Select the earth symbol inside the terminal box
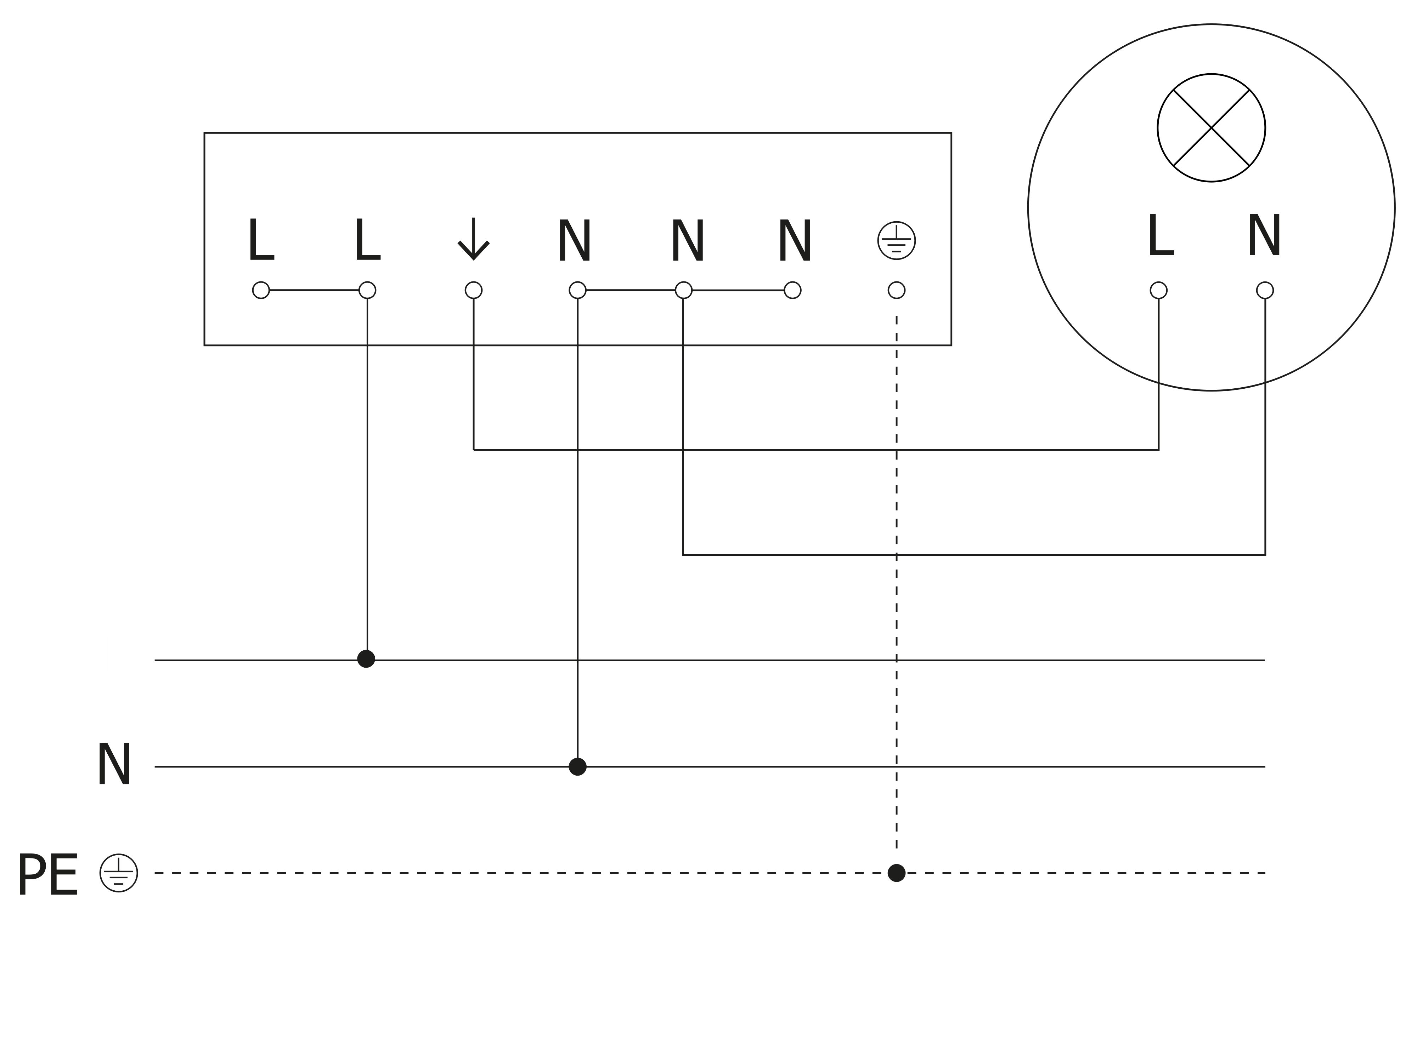[x=896, y=241]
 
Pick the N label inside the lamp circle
[x=1264, y=236]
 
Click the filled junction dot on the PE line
[x=896, y=873]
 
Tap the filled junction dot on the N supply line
[x=577, y=766]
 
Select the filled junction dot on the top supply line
[x=366, y=659]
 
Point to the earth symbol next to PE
[x=119, y=873]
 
